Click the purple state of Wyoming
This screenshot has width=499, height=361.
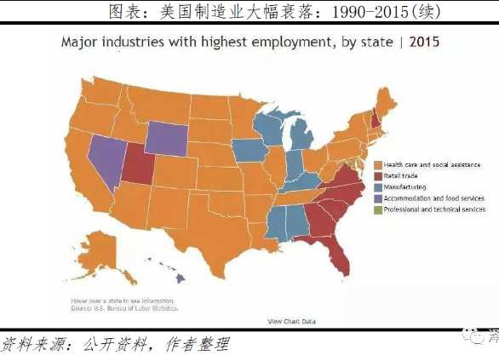[173, 138]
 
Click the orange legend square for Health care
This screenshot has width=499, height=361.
[377, 163]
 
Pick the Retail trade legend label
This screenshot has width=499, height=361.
[403, 175]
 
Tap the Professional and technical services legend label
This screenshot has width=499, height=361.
[433, 209]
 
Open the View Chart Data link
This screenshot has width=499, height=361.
[292, 321]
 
